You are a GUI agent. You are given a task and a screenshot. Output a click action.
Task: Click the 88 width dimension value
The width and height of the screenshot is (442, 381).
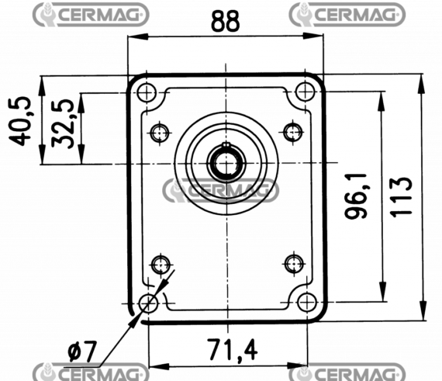225,21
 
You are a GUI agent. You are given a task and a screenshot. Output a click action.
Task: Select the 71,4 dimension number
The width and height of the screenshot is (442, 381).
233,350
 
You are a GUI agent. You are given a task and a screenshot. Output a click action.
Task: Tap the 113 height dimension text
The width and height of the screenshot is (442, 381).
401,197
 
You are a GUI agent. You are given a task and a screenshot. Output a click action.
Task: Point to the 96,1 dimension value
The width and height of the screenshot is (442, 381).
356,196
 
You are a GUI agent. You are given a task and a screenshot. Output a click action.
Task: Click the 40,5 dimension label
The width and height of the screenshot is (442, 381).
19,121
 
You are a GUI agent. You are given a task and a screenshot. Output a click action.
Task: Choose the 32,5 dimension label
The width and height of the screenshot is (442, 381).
63,123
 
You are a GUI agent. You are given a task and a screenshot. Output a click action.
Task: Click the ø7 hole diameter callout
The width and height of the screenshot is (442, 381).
82,351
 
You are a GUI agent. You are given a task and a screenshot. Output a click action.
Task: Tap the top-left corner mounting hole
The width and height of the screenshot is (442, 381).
147,92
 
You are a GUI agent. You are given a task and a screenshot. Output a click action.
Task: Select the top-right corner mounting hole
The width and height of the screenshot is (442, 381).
306,92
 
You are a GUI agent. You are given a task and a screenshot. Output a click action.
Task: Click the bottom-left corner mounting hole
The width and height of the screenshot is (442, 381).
149,303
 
